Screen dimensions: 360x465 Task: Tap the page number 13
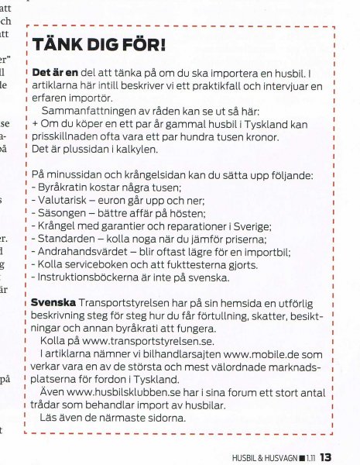pos(325,456)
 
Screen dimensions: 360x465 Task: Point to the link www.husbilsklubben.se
pos(119,393)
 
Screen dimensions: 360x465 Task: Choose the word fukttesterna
pos(185,263)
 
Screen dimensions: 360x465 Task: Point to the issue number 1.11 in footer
pos(310,457)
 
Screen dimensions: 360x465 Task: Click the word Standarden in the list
pos(65,238)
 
